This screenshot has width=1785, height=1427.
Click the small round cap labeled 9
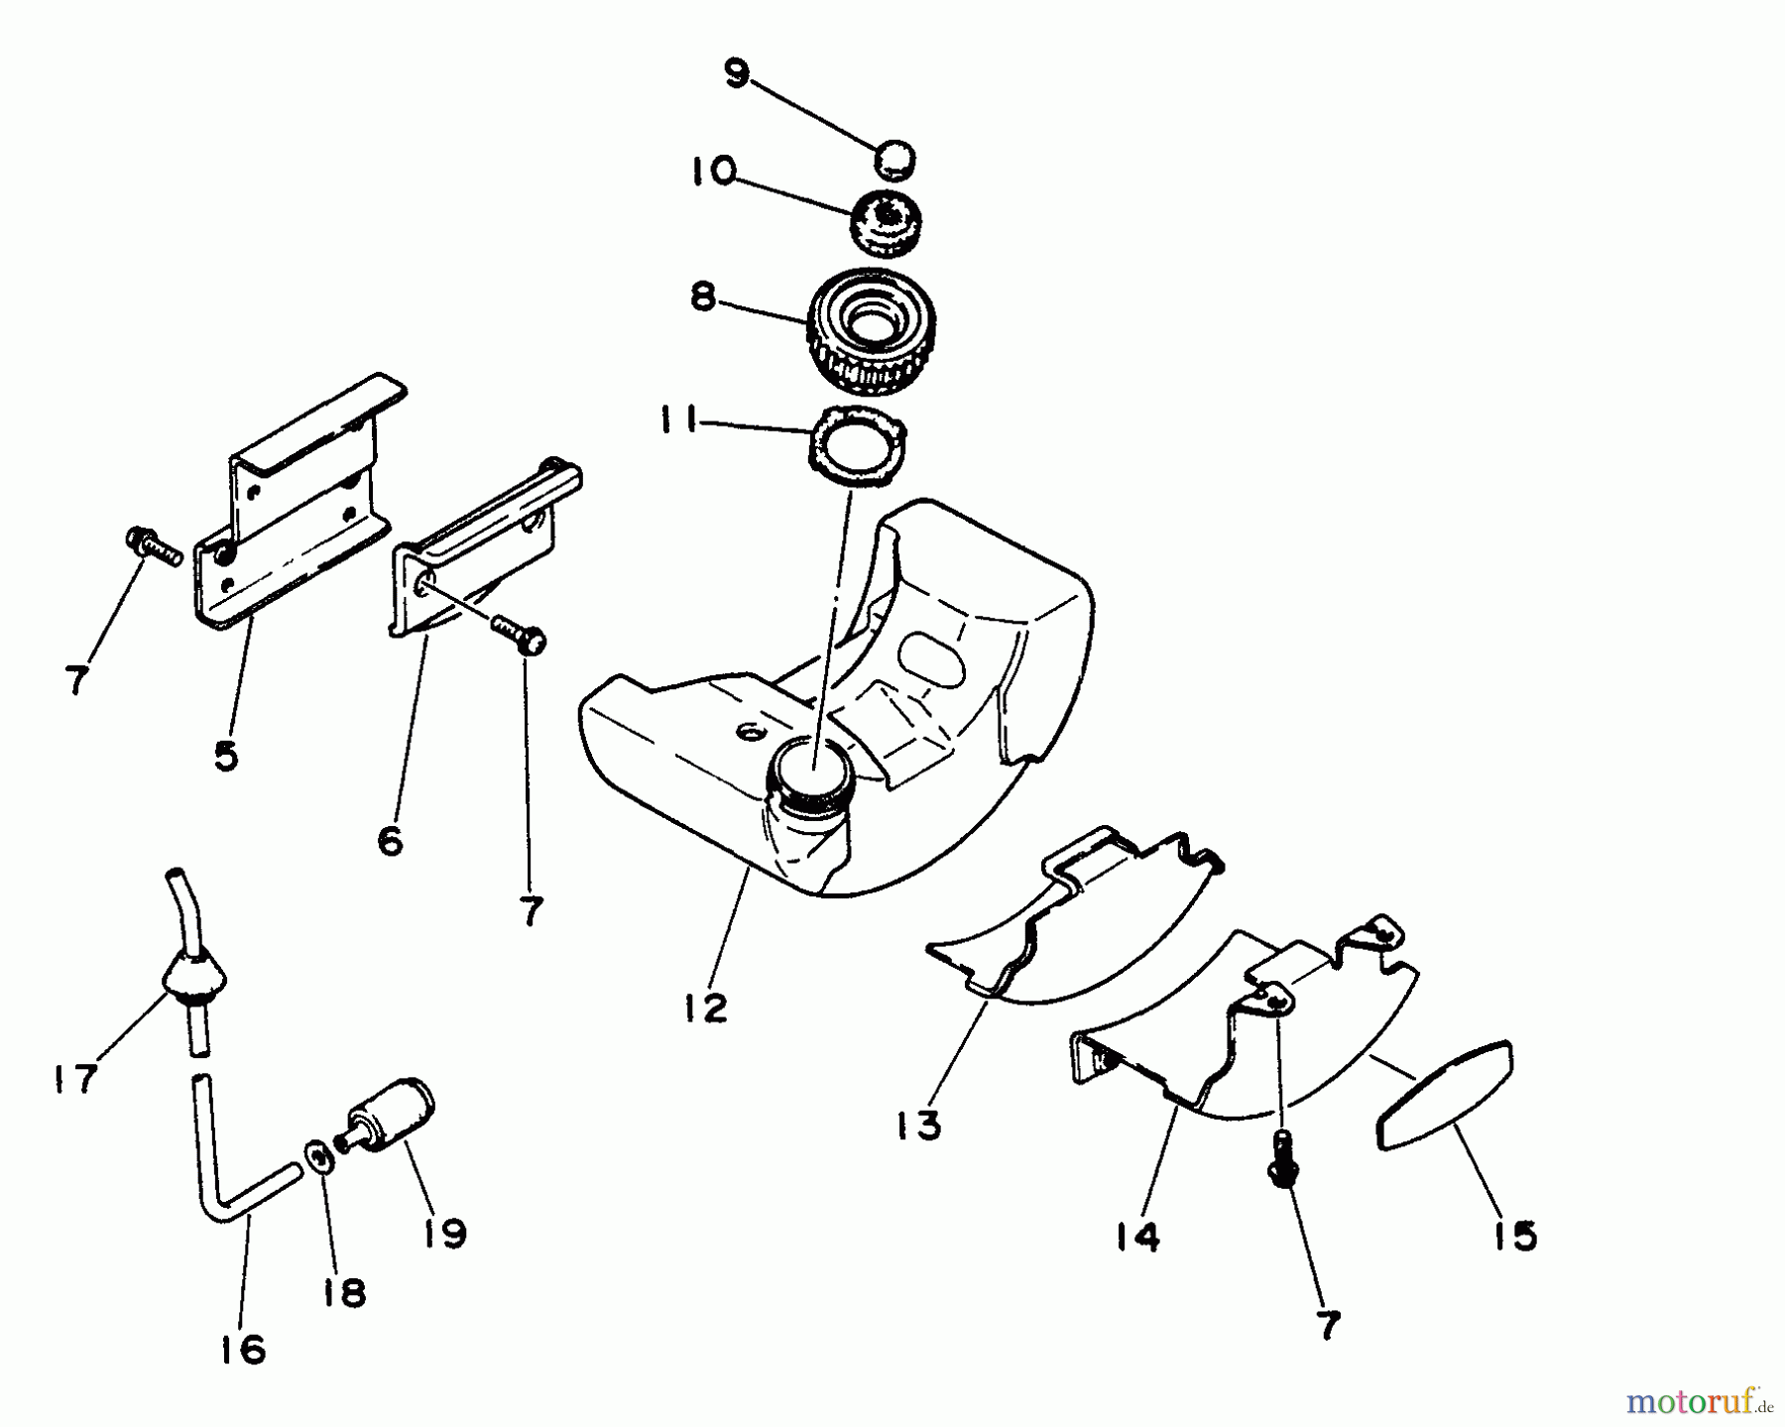(x=894, y=160)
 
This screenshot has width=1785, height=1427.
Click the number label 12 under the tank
(x=705, y=1008)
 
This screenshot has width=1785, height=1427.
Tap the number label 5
(x=226, y=757)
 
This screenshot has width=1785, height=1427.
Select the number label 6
(x=391, y=842)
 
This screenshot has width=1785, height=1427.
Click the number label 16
(x=244, y=1349)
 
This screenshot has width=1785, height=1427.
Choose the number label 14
(x=1136, y=1237)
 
